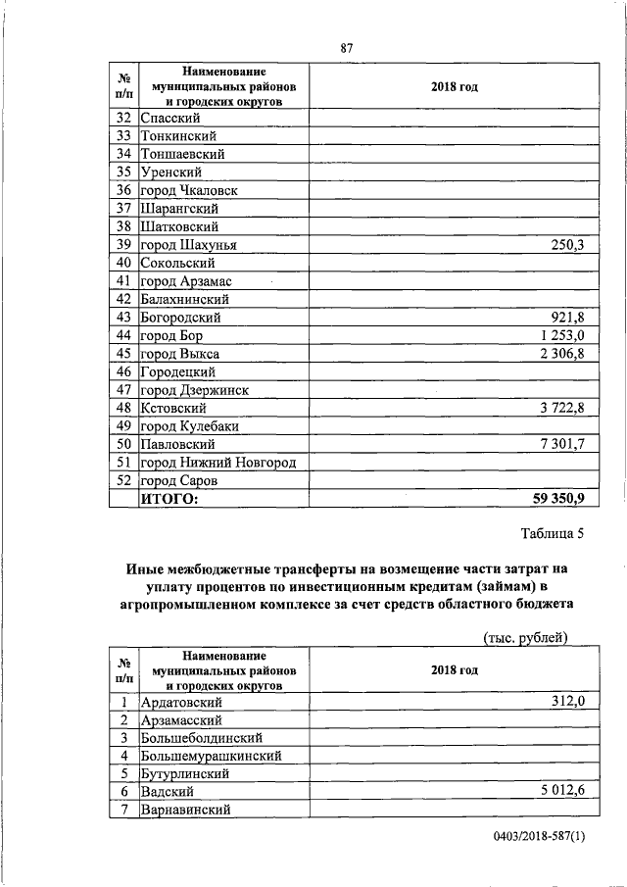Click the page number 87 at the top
pyautogui.click(x=346, y=48)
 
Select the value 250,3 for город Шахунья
pyautogui.click(x=567, y=245)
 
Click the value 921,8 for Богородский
pyautogui.click(x=567, y=318)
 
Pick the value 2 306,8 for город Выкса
pyautogui.click(x=560, y=354)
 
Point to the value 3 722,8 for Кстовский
pyautogui.click(x=560, y=408)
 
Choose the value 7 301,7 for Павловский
pyautogui.click(x=560, y=444)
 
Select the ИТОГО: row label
pyautogui.click(x=169, y=500)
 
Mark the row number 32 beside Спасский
pyautogui.click(x=123, y=118)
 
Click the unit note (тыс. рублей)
pyautogui.click(x=526, y=638)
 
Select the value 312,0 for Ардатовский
pyautogui.click(x=567, y=701)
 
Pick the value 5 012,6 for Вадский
pyautogui.click(x=560, y=792)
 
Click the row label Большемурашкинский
pyautogui.click(x=212, y=756)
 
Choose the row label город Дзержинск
pyautogui.click(x=194, y=390)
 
